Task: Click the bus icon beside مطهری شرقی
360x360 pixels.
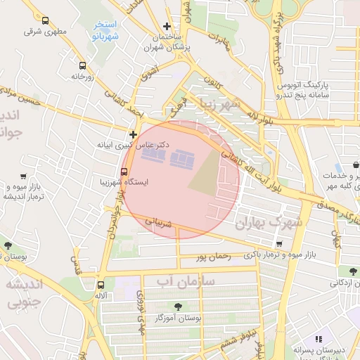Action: (46, 21)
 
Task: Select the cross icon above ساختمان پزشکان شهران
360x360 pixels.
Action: (166, 26)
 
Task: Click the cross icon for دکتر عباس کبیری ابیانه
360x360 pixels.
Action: (133, 134)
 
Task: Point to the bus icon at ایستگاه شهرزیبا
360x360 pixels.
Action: (124, 170)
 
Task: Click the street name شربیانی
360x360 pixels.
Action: (158, 224)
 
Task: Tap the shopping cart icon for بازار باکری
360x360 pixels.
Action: (280, 243)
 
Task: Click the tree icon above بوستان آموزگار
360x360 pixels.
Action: (176, 306)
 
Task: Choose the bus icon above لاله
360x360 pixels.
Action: (102, 285)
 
